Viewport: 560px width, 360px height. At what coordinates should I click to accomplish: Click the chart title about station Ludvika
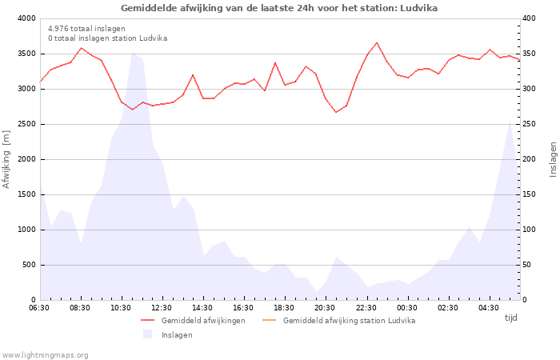tap(279, 8)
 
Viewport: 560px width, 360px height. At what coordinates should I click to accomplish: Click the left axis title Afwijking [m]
tap(7, 159)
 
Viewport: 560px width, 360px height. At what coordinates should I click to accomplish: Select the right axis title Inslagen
tap(553, 159)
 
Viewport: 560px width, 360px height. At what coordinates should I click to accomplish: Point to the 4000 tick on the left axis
tap(26, 18)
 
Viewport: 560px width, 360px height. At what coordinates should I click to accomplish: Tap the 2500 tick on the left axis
tap(26, 124)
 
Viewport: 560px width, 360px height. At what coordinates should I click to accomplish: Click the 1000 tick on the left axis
tap(26, 230)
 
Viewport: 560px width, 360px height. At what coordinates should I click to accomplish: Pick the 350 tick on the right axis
tap(530, 54)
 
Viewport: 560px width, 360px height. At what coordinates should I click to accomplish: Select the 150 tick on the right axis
tap(530, 194)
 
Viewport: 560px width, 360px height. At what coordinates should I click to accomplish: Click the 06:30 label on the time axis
tap(40, 308)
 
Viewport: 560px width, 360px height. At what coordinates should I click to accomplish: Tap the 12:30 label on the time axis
tap(162, 308)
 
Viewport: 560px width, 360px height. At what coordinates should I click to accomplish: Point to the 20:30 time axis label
tap(326, 308)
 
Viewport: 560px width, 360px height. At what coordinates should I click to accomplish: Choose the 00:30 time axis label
tap(407, 308)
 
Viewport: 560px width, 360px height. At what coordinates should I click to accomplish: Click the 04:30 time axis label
tap(489, 308)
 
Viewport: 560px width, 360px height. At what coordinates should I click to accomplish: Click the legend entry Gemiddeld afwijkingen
tap(203, 321)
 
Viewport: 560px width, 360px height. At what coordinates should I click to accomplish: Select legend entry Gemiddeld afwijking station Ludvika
tap(349, 321)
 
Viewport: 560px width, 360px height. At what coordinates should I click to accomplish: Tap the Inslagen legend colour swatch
tap(147, 334)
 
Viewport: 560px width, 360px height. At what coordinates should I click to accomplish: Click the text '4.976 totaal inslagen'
tap(86, 29)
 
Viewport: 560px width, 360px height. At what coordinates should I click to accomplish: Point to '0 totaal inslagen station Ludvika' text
tap(107, 38)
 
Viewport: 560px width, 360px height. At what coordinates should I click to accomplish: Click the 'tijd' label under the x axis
tap(510, 318)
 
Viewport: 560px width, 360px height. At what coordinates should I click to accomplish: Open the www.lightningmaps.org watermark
tap(45, 354)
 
